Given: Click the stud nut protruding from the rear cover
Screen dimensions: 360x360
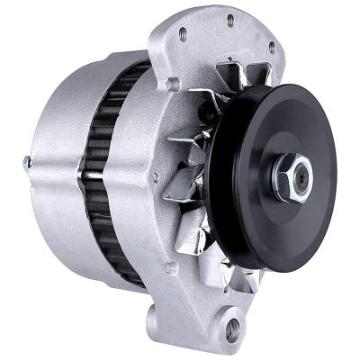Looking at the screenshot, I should coord(26,163).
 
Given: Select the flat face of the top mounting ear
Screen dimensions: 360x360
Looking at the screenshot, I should coord(225,40).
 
